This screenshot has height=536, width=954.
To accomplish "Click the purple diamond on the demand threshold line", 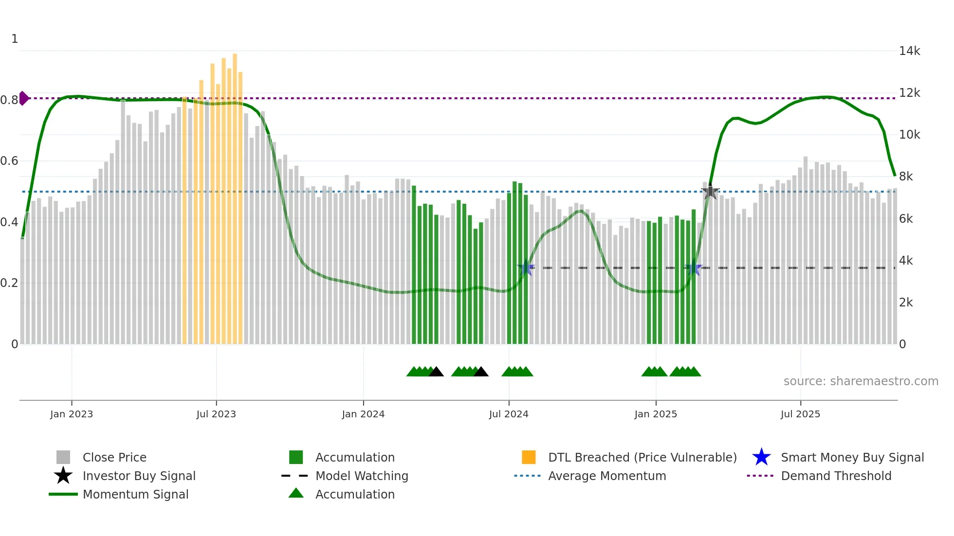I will click(x=24, y=98).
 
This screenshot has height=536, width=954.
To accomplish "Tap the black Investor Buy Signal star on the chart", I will click(x=710, y=192).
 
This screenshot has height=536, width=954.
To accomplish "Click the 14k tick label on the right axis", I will click(x=909, y=51).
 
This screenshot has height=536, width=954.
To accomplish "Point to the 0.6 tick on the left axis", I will click(x=9, y=161).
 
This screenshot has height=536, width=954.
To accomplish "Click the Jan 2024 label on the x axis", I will click(x=363, y=414).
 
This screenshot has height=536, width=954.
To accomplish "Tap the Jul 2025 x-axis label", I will click(x=800, y=414).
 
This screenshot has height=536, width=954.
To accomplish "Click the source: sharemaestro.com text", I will click(x=861, y=381).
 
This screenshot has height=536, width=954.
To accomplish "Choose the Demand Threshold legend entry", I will click(x=836, y=476).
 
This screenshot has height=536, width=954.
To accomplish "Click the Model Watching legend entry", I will click(x=361, y=476).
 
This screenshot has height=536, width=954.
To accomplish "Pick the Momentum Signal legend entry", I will click(x=135, y=495).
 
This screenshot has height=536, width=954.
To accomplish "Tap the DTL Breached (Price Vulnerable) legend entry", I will click(x=642, y=458).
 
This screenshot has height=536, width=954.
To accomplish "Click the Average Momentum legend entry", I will click(x=606, y=476).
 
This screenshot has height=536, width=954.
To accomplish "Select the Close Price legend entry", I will click(x=114, y=458).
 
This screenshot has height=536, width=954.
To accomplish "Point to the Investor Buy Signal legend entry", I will click(x=139, y=476).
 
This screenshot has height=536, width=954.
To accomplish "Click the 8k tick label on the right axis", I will click(x=906, y=177).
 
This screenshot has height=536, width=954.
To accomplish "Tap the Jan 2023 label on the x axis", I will click(x=72, y=414).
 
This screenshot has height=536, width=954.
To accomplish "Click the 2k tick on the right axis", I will click(x=906, y=303).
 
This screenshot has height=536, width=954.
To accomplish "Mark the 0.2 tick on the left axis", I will click(x=9, y=283).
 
